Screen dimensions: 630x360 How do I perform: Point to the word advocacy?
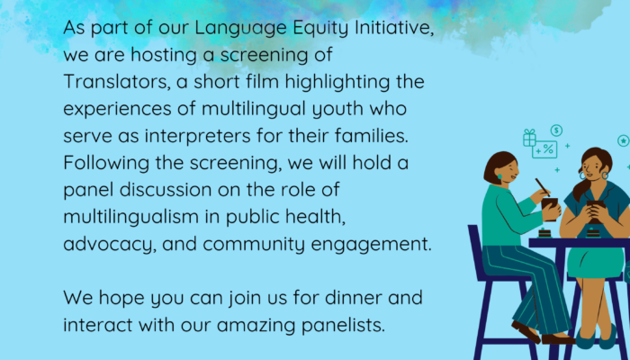110,245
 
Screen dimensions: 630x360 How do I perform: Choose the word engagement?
371,245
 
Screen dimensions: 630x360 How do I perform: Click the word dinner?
354,298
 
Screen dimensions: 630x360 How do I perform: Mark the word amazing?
256,326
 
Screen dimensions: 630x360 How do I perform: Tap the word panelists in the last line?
343,325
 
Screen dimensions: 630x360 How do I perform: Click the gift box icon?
529,138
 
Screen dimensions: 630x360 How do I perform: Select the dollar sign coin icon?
556,130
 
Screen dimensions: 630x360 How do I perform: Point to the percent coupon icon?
544,149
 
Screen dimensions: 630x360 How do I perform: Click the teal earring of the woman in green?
499,176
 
